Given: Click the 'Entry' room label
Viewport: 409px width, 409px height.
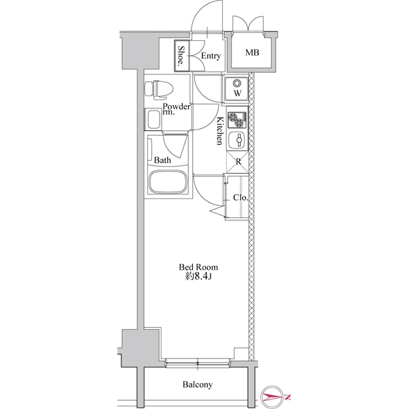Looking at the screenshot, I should (x=210, y=56).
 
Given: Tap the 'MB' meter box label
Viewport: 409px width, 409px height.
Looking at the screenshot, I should (x=252, y=52).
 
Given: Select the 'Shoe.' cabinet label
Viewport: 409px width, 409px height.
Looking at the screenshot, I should (x=181, y=56).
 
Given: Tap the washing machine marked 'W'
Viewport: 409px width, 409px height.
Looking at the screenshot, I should (x=237, y=89).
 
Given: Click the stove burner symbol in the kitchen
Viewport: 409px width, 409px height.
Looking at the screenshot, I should (x=237, y=120).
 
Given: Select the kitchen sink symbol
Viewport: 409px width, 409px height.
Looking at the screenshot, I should (x=238, y=142).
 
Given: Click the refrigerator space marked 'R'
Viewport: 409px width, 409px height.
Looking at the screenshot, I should (x=238, y=162).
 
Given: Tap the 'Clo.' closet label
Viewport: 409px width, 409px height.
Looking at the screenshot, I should (x=239, y=198).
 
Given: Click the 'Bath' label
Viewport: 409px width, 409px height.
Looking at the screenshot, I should (x=162, y=161).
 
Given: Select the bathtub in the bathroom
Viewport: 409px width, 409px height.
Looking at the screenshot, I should (x=167, y=183).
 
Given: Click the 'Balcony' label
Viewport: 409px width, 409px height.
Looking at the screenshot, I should (x=197, y=384).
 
